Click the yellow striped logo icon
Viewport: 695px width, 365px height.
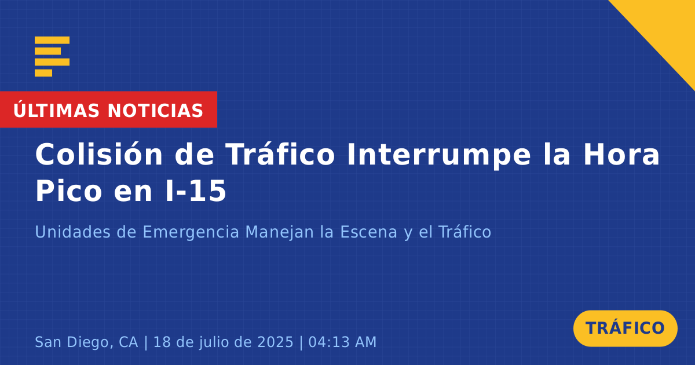click(x=52, y=57)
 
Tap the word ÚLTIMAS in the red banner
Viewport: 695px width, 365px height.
click(x=56, y=110)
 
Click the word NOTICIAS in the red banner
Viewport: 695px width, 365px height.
click(x=155, y=111)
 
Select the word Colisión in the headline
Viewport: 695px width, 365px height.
click(x=98, y=155)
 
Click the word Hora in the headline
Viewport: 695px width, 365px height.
click(x=621, y=155)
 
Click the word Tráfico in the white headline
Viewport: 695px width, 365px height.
click(x=280, y=155)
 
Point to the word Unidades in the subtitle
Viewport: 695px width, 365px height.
click(x=72, y=232)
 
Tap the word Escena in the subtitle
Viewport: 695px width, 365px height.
click(x=368, y=232)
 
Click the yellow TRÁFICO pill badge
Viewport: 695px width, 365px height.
click(x=625, y=329)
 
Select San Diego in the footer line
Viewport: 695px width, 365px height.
click(x=72, y=342)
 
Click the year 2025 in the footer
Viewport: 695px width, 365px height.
click(x=276, y=342)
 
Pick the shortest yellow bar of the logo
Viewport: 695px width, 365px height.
click(x=43, y=73)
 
